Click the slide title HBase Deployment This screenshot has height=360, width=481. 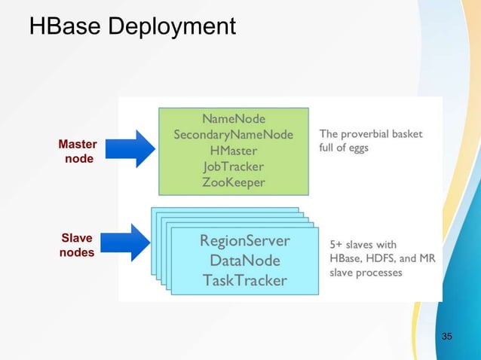pyautogui.click(x=132, y=27)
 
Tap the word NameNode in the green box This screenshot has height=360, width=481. pyautogui.click(x=233, y=118)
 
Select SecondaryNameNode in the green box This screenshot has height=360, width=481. pyautogui.click(x=233, y=135)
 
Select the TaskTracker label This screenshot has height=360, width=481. pyautogui.click(x=244, y=280)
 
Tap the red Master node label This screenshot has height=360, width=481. pyautogui.click(x=78, y=151)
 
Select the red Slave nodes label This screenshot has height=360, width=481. pyautogui.click(x=77, y=245)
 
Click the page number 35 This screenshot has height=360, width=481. pyautogui.click(x=447, y=335)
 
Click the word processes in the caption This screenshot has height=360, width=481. pyautogui.click(x=378, y=272)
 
